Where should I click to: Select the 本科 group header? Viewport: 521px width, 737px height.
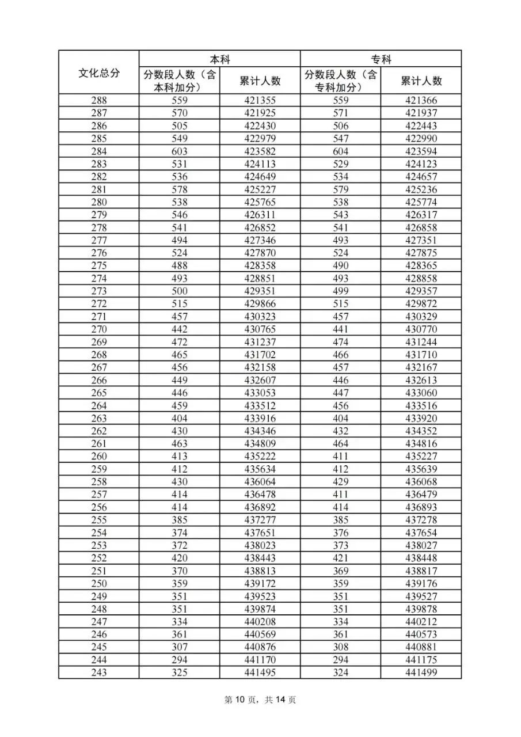(219, 59)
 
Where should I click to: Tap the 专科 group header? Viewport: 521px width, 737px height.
(381, 59)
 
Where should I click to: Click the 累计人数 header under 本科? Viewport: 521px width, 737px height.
(260, 81)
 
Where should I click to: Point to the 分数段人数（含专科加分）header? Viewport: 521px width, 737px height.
(340, 81)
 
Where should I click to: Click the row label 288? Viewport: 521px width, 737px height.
(99, 101)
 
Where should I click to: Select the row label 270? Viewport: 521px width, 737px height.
(99, 329)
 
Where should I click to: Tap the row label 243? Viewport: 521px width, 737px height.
(99, 672)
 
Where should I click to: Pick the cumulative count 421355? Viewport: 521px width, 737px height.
(260, 101)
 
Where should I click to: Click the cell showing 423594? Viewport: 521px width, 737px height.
(421, 151)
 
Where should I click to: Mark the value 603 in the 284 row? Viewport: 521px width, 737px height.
(180, 151)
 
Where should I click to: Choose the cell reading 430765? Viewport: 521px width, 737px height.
(260, 329)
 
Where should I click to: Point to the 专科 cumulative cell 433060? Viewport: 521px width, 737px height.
(421, 393)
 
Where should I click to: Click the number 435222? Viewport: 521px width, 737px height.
(260, 456)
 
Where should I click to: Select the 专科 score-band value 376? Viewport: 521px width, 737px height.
(340, 533)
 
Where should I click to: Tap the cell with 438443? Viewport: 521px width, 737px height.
(260, 558)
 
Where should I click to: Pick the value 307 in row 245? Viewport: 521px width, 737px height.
(180, 647)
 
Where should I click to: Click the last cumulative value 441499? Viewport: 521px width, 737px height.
(421, 672)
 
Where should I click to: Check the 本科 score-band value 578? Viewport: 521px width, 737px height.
(180, 189)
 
